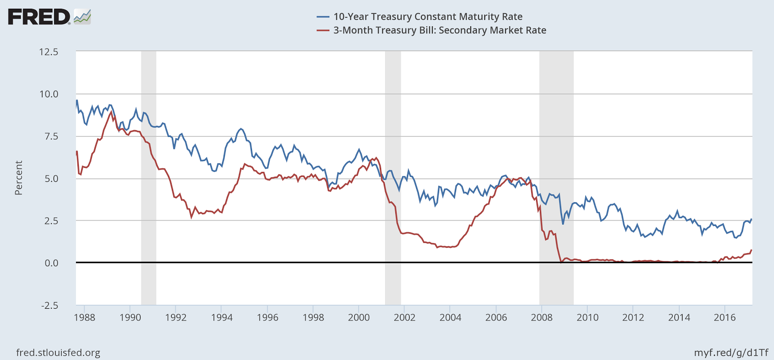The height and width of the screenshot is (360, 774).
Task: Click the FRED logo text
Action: pyautogui.click(x=39, y=17)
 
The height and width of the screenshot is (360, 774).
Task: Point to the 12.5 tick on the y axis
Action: pyautogui.click(x=48, y=52)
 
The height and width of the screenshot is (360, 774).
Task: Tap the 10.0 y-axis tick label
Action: pyautogui.click(x=48, y=94)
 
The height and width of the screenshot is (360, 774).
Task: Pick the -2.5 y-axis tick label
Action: pyautogui.click(x=49, y=305)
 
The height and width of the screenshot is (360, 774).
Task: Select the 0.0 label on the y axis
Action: pyautogui.click(x=51, y=263)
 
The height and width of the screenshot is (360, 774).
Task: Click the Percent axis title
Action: pyautogui.click(x=19, y=178)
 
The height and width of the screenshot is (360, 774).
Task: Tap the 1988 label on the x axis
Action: pyautogui.click(x=84, y=317)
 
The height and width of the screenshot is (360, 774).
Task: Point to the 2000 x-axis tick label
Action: pyautogui.click(x=358, y=317)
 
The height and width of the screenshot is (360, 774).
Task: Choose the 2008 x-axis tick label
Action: pyautogui.click(x=541, y=317)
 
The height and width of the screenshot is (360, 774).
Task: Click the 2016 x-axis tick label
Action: pyautogui.click(x=724, y=317)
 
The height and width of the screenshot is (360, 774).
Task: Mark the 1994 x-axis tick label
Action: pyautogui.click(x=222, y=317)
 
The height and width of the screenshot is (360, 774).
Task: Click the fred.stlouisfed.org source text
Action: pyautogui.click(x=58, y=353)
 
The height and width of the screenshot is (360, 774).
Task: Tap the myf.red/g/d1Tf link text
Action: pyautogui.click(x=731, y=353)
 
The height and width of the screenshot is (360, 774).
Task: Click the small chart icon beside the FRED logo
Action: pyautogui.click(x=82, y=17)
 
